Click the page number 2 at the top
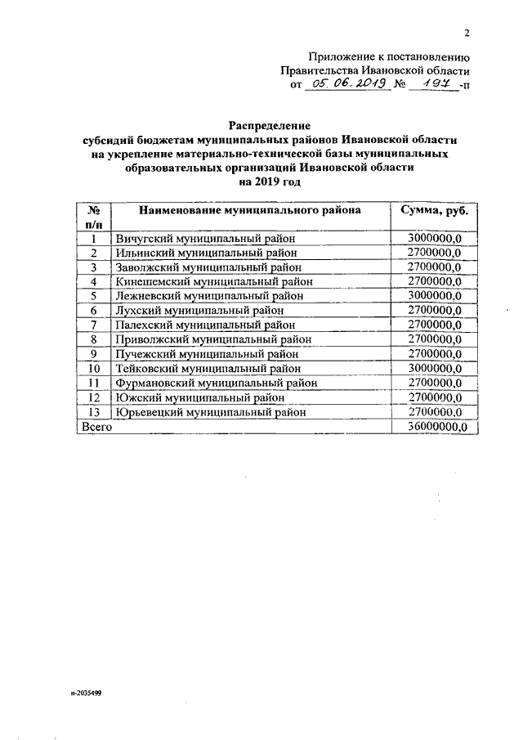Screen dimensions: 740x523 coord(467,33)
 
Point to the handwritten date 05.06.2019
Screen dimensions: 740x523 coord(346,83)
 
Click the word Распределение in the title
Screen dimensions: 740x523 coord(270,126)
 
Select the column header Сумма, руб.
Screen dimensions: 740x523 coord(435,211)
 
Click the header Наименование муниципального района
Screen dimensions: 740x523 coord(250,211)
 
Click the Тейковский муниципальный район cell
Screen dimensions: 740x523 coord(209,369)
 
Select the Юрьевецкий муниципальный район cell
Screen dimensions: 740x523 coord(211,413)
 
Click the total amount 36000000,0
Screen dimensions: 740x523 coord(435,428)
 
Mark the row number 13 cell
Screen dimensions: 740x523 coord(94,413)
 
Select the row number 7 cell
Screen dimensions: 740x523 coord(94,325)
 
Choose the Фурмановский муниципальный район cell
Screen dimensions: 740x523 coord(216,383)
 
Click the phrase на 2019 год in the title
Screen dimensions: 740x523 coord(270,182)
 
